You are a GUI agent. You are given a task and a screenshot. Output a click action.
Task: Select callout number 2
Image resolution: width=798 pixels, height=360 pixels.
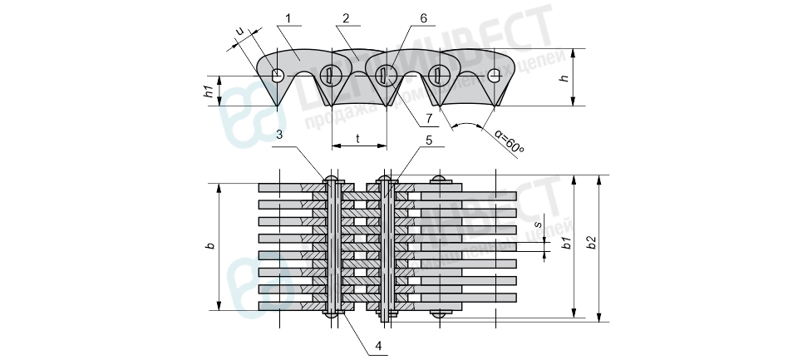[x=344, y=17]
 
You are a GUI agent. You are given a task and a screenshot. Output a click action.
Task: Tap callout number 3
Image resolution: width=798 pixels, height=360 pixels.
[x=280, y=133]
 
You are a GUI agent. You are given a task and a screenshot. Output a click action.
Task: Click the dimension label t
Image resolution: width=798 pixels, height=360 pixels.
[x=358, y=138]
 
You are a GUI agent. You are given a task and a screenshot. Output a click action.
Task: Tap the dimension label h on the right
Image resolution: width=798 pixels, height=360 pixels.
[x=564, y=77]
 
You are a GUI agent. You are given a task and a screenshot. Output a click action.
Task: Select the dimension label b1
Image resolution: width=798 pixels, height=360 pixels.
[x=564, y=244]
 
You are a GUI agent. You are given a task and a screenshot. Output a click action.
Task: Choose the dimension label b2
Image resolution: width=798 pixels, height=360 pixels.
[x=589, y=244]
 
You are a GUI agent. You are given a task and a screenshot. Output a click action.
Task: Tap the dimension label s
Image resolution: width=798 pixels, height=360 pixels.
[x=538, y=224]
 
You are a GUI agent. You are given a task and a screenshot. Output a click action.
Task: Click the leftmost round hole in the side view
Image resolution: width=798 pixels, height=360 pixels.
[x=278, y=76]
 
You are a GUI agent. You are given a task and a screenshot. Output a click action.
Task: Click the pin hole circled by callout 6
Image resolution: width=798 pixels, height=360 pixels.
[x=387, y=76]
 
